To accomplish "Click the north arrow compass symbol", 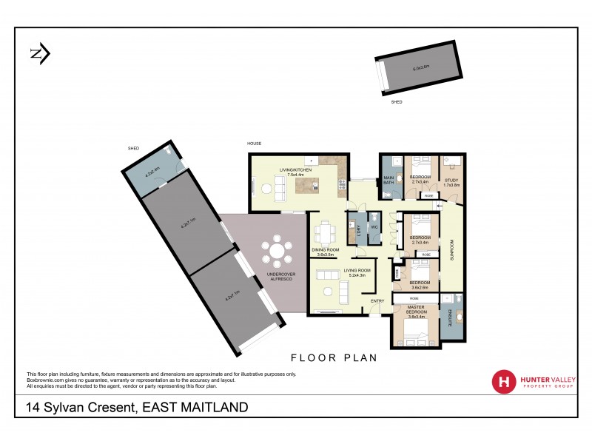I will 39,53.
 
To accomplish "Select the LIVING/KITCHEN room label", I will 295,172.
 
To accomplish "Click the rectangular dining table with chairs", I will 324,234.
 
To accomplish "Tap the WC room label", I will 374,226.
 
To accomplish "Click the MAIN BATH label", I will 388,181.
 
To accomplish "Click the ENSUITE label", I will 448,317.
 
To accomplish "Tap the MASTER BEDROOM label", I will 415,311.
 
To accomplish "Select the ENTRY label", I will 377,300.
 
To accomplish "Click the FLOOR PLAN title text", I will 334,357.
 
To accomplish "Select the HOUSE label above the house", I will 255,143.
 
